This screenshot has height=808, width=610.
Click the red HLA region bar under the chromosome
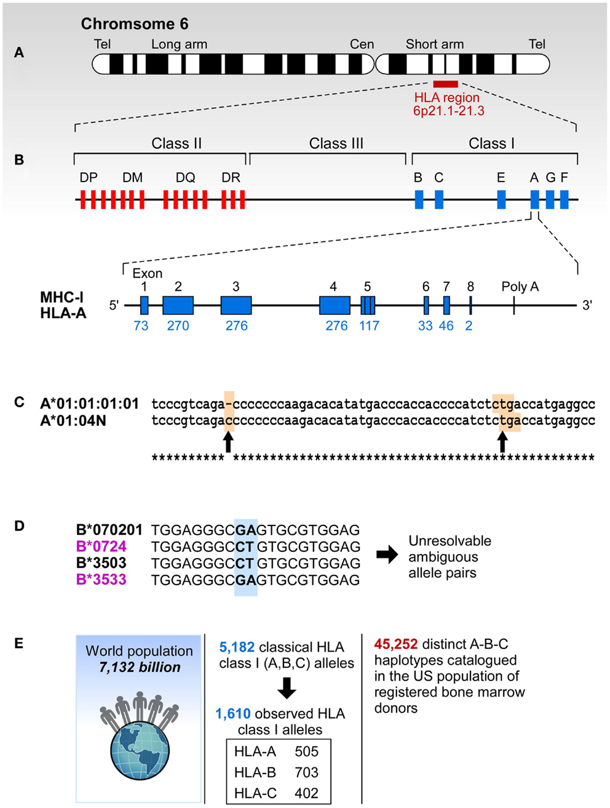click(445, 84)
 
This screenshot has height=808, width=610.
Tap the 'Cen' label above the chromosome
click(362, 44)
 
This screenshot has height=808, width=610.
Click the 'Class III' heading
click(336, 143)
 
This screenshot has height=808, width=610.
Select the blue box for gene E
click(502, 199)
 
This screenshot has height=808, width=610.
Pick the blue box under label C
click(439, 199)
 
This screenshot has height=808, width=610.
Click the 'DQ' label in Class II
click(185, 178)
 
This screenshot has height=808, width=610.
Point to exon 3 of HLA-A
click(236, 305)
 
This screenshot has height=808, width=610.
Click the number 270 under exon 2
click(178, 326)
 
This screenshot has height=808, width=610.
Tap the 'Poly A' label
click(520, 287)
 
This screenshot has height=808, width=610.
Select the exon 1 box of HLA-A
click(145, 305)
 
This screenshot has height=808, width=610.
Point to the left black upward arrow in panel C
click(228, 442)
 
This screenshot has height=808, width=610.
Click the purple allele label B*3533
click(101, 580)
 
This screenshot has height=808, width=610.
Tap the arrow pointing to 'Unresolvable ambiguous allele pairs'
click(387, 555)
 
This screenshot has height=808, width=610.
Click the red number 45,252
click(396, 644)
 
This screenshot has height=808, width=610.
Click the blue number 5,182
click(237, 647)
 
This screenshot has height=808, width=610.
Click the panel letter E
click(19, 644)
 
